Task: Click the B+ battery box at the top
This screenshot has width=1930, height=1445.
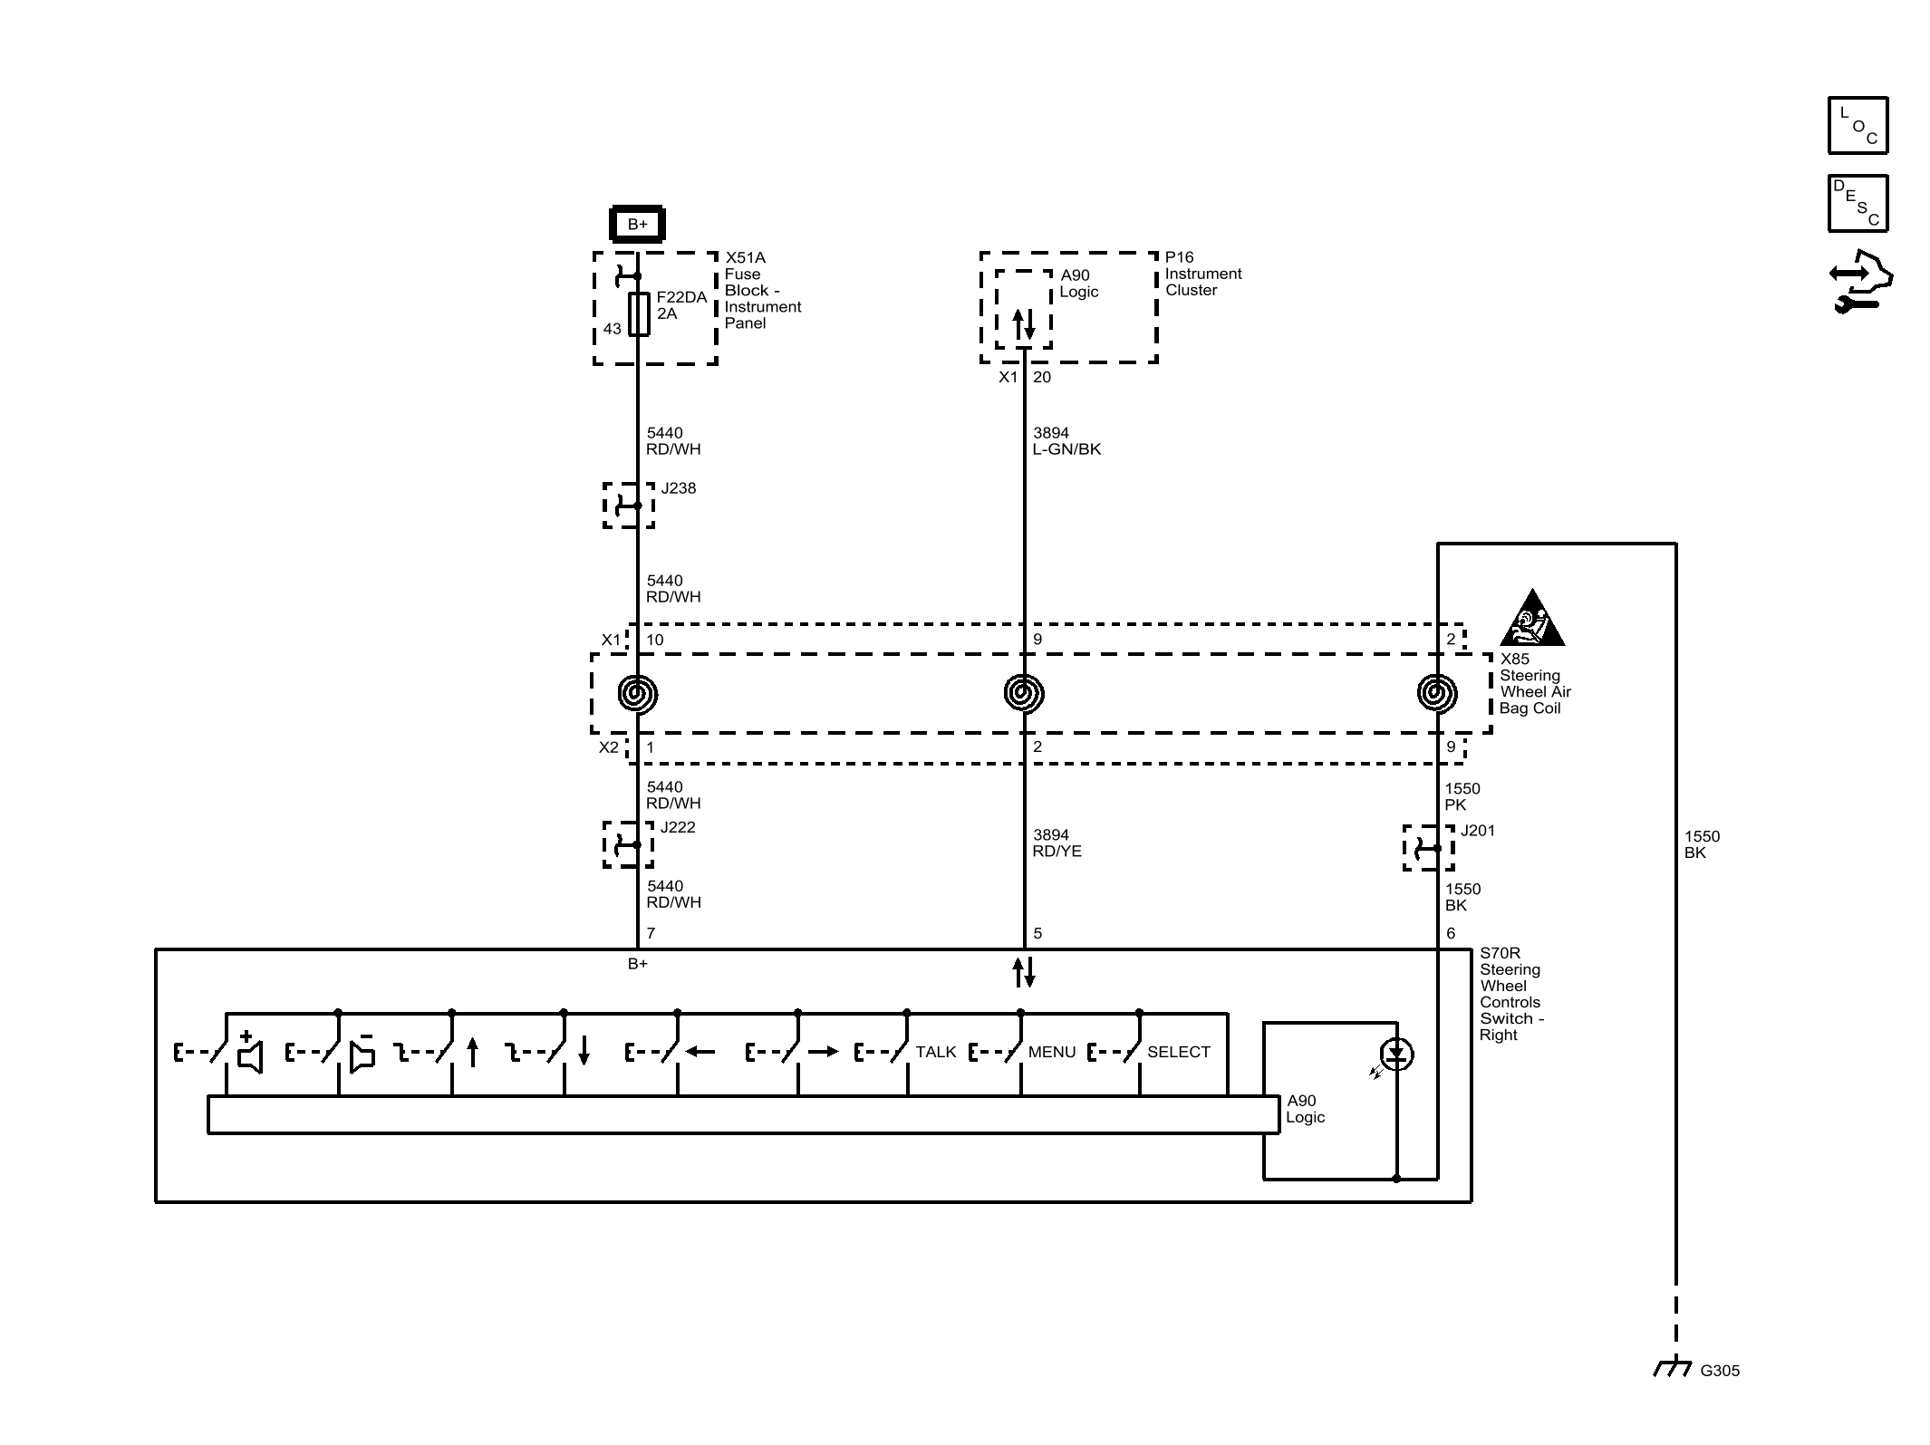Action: point(637,224)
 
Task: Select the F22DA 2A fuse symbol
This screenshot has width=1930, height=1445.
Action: point(639,313)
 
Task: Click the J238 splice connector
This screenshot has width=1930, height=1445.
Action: point(629,506)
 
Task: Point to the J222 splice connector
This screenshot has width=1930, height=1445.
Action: point(629,844)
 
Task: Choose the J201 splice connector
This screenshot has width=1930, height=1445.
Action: point(1429,848)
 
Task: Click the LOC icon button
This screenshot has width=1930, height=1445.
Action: point(1858,126)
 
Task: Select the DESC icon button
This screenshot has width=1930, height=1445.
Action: point(1858,204)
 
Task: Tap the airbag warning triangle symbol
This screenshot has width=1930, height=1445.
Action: point(1531,619)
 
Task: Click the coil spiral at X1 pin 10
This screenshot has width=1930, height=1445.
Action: point(638,694)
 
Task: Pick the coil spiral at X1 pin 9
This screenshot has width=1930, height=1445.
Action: point(1024,694)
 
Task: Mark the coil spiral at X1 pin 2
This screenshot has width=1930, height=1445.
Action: point(1437,694)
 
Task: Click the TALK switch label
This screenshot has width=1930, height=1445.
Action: point(936,1052)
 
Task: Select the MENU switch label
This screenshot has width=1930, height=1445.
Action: point(1052,1052)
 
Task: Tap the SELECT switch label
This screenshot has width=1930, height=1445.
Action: point(1179,1052)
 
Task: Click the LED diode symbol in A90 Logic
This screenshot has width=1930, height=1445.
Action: point(1396,1055)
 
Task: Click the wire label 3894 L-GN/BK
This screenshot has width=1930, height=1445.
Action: point(1066,441)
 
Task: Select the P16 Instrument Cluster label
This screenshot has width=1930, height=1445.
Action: point(1203,274)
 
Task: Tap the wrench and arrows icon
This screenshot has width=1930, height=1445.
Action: point(1860,283)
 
